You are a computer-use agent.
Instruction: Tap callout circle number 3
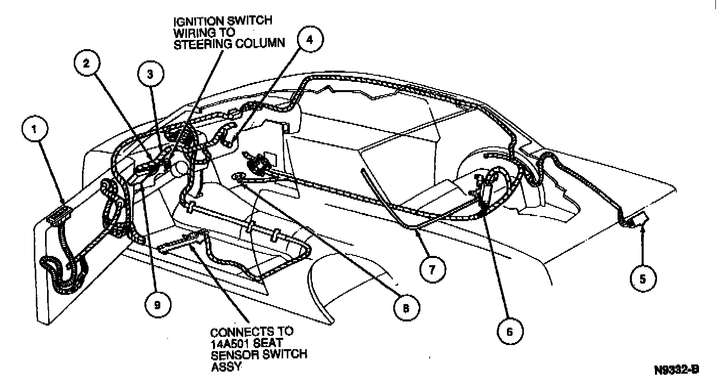[x=150, y=74]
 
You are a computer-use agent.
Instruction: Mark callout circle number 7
[x=432, y=269]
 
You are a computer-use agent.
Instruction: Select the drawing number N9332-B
[x=676, y=369]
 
